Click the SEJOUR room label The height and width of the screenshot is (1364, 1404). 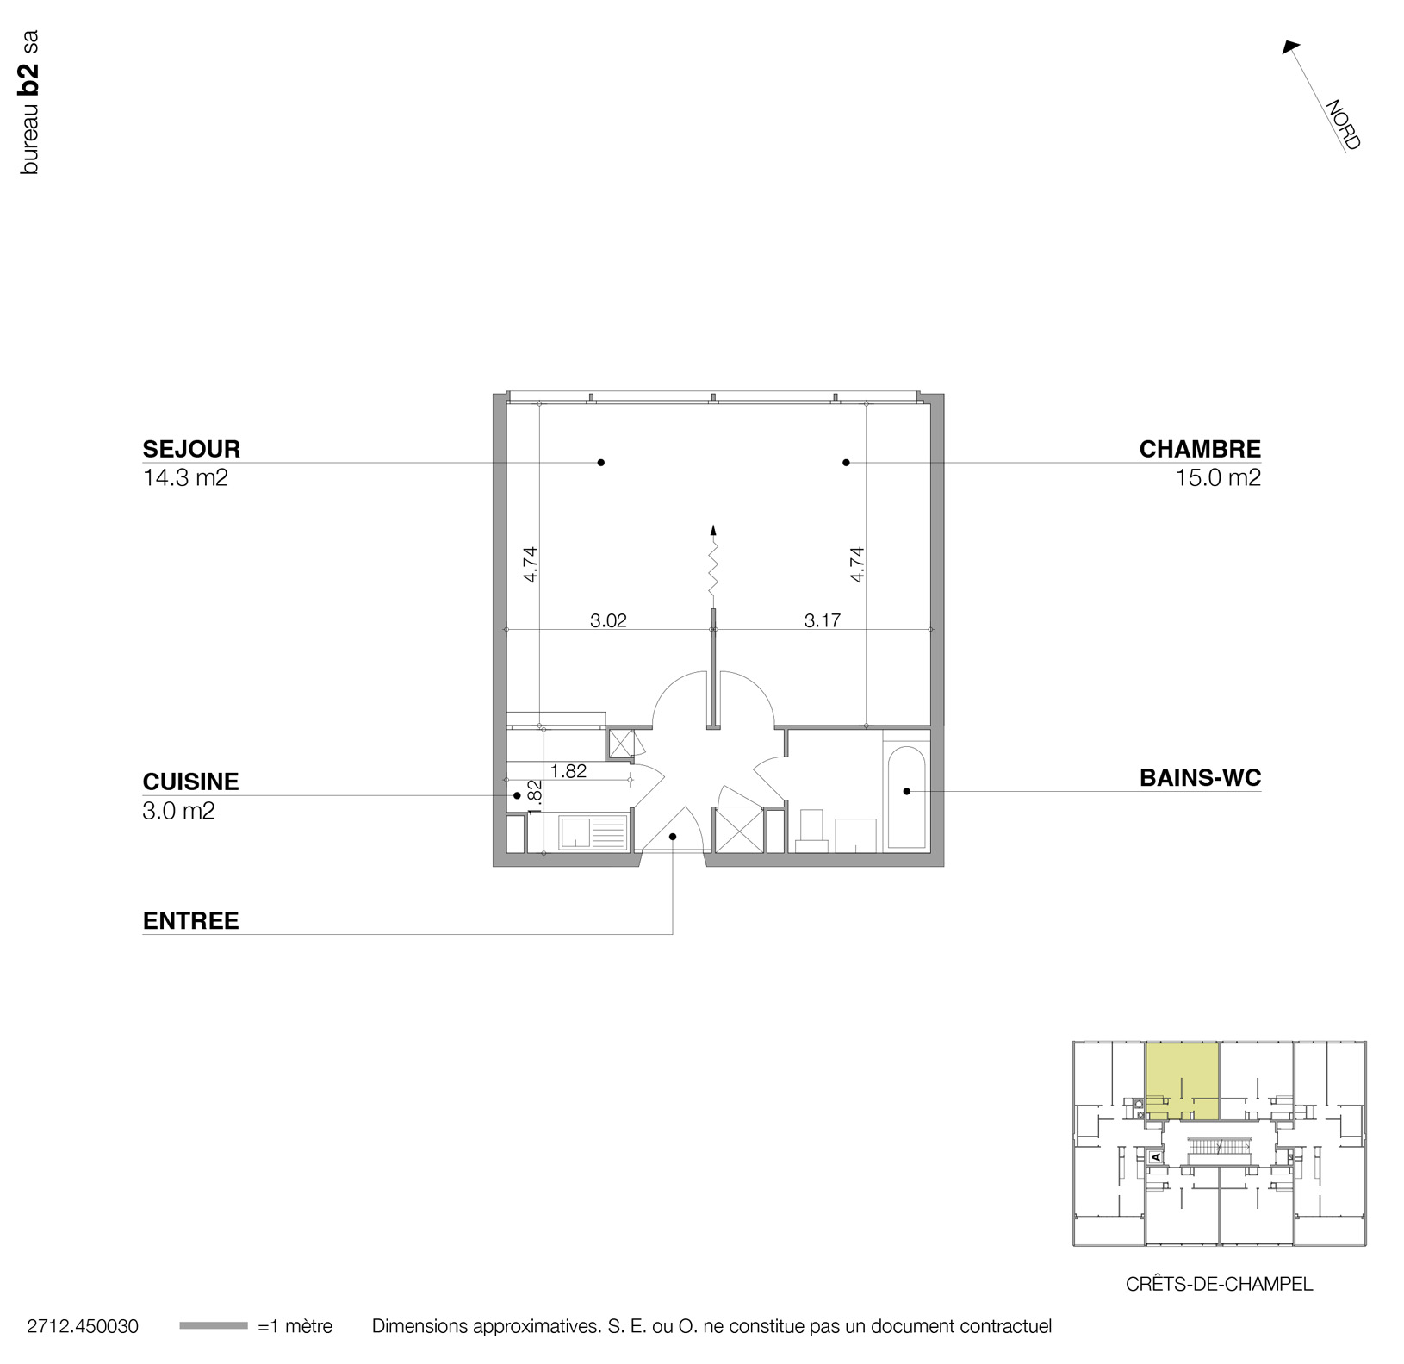coord(191,449)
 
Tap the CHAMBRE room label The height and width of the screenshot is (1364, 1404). coord(1199,449)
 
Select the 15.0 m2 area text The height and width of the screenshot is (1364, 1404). coord(1217,477)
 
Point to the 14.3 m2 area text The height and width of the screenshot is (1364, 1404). coord(185,477)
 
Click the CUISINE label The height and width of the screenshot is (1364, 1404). coord(190,782)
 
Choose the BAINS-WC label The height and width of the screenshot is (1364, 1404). coord(1199,777)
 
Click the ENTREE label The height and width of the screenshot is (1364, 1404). coord(190,920)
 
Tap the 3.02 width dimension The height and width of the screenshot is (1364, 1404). coord(608,620)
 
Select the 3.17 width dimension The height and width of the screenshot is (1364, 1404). coord(822,620)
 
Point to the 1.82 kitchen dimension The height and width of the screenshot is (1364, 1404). coord(568,771)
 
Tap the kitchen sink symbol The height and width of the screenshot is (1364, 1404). coord(593,833)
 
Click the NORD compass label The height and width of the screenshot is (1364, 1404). coord(1342,126)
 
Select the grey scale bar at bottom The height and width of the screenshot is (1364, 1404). coord(213,1326)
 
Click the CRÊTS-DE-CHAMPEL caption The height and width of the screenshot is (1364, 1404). coord(1219,1284)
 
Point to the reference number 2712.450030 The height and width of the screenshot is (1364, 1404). coord(83,1326)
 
